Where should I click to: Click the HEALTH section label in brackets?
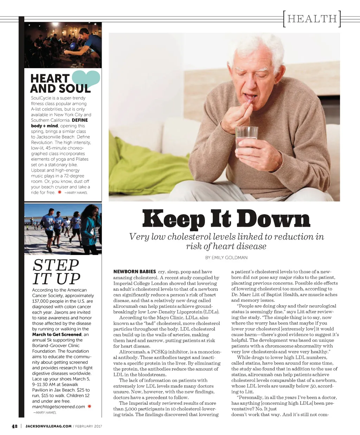[x=312, y=19]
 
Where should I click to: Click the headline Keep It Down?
[x=226, y=218]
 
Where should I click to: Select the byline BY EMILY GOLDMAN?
[x=226, y=258]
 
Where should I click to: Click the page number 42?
[x=15, y=426]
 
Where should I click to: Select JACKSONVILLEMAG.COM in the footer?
[x=49, y=426]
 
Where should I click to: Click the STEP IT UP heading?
[x=56, y=272]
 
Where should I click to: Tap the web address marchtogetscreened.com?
[x=58, y=407]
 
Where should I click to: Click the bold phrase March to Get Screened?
[x=57, y=334]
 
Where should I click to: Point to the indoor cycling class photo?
[x=63, y=45]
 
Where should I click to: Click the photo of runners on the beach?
[x=63, y=229]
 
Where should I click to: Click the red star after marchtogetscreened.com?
[x=89, y=406]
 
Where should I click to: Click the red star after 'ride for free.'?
[x=60, y=192]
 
